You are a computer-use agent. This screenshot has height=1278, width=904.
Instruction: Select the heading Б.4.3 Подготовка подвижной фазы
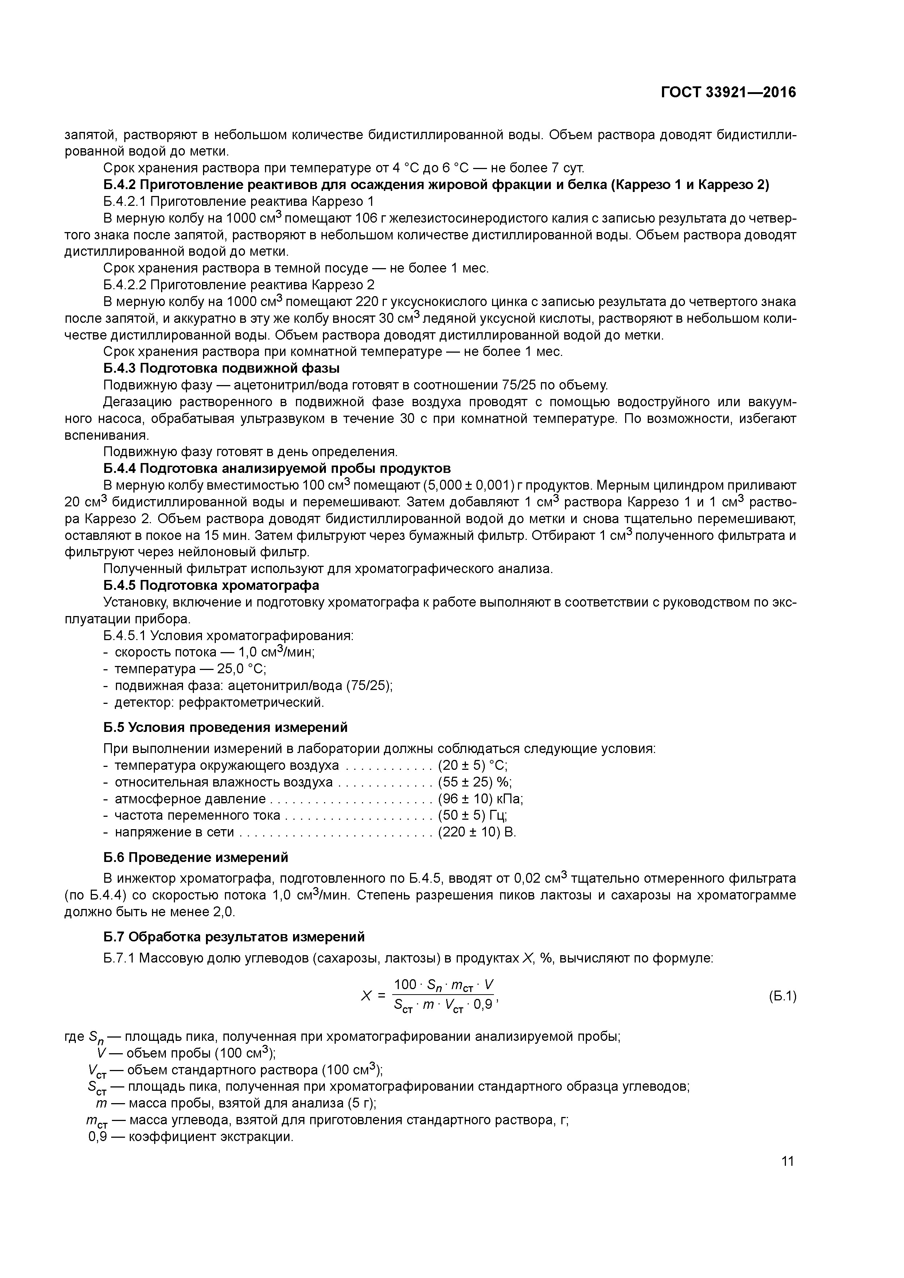[x=222, y=368]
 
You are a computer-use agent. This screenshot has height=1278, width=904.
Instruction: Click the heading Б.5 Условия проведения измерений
[x=226, y=728]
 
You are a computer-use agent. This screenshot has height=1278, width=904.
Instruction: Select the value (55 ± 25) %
[x=475, y=783]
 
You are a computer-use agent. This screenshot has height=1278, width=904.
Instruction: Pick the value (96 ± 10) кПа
[x=480, y=799]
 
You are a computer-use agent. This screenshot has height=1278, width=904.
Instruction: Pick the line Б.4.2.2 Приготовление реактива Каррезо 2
[x=239, y=285]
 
